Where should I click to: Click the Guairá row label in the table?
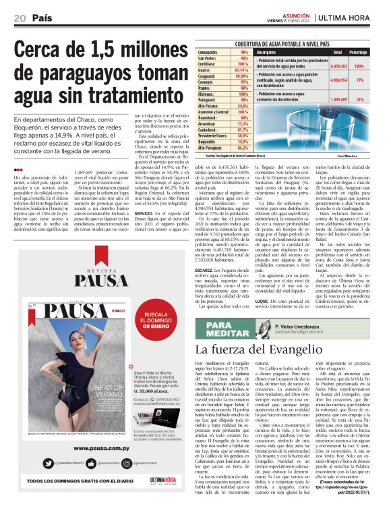206,69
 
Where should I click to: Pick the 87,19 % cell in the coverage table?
242,69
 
